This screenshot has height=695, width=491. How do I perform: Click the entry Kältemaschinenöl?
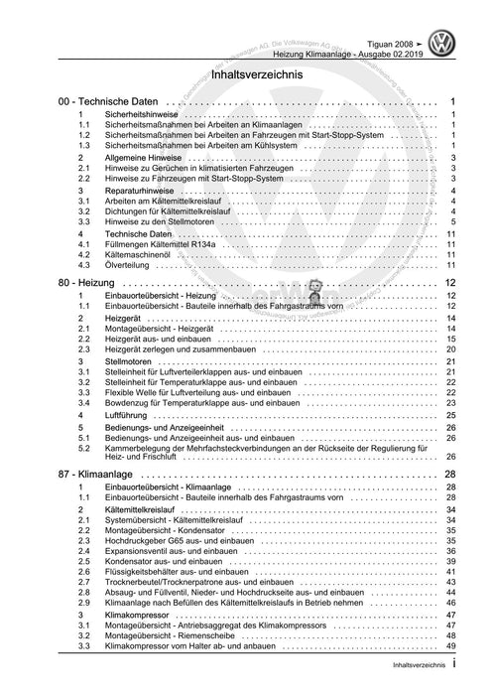pyautogui.click(x=143, y=255)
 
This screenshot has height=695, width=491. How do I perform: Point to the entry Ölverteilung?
pyautogui.click(x=130, y=265)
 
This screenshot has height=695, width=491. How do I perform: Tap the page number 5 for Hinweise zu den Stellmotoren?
pyautogui.click(x=452, y=222)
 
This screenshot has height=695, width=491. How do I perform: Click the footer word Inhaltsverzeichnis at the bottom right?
pyautogui.click(x=412, y=684)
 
